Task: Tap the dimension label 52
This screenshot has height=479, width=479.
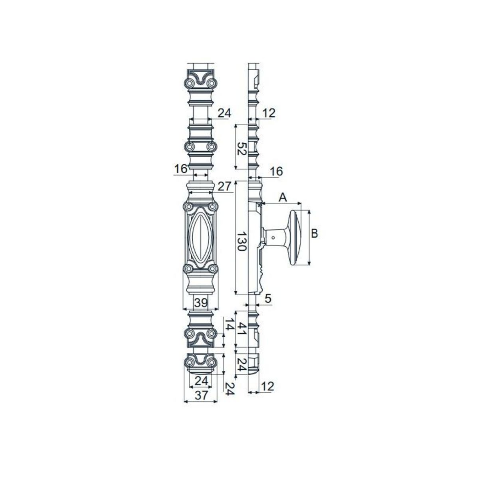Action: click(x=241, y=148)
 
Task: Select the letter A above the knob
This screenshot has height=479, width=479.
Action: click(x=283, y=198)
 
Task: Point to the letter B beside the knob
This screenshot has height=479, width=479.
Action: click(x=315, y=234)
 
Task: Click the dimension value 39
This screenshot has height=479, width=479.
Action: click(x=201, y=303)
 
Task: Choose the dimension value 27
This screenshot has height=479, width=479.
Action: click(x=224, y=186)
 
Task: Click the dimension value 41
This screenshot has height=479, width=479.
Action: click(x=241, y=329)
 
